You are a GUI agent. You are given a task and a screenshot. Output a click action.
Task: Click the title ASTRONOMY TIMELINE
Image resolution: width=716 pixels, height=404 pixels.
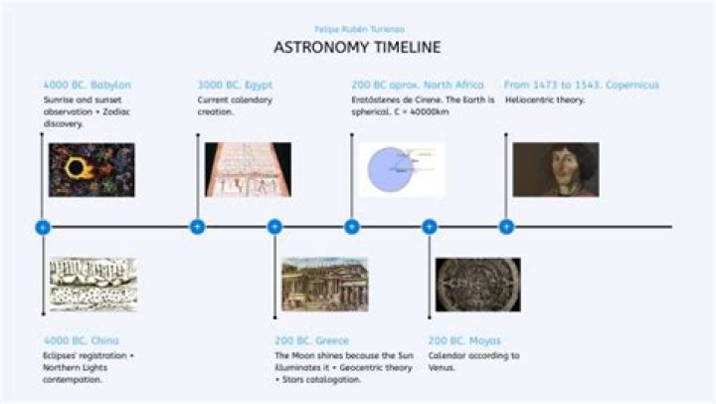[x=357, y=48]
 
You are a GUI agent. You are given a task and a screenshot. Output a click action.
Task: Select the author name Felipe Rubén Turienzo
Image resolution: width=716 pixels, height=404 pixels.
[x=357, y=29]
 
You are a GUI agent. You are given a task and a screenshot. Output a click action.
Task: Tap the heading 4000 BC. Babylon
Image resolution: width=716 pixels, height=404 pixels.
[x=87, y=85]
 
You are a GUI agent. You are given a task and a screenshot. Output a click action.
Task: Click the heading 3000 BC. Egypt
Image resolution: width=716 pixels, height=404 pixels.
[x=235, y=85]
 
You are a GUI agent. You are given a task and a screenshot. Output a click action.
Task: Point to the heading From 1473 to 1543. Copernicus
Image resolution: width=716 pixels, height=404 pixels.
[x=581, y=85]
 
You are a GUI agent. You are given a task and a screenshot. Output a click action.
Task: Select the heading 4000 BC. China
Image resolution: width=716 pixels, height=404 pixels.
[x=81, y=340]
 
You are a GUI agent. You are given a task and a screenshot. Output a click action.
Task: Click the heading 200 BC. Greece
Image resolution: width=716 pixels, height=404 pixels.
[x=311, y=340]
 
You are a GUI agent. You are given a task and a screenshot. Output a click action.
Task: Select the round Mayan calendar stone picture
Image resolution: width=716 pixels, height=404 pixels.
[x=477, y=285]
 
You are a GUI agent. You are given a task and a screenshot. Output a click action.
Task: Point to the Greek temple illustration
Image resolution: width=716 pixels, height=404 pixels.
[x=324, y=285]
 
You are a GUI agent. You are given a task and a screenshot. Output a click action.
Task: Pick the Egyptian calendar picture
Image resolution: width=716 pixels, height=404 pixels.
[x=248, y=169]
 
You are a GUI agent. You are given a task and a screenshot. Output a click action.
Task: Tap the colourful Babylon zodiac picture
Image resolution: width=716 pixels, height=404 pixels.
[x=91, y=169]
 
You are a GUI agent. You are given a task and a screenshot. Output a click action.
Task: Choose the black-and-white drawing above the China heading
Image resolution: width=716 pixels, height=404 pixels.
[x=91, y=285]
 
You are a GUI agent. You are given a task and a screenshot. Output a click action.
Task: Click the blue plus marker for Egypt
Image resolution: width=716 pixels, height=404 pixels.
[x=197, y=227]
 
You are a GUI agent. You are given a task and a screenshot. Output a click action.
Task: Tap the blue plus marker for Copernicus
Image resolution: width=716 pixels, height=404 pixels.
[x=506, y=227]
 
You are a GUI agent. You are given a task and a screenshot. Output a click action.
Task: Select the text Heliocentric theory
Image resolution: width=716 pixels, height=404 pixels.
[x=545, y=101]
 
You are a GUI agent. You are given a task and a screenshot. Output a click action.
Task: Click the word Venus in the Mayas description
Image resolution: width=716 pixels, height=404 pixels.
[x=442, y=368]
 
